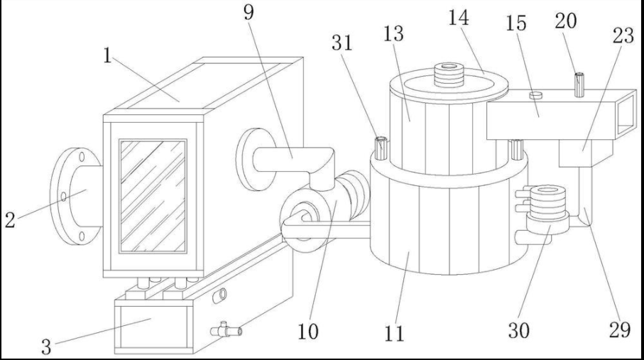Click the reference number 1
[107, 56]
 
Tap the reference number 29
[620, 330]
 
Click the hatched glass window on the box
[152, 195]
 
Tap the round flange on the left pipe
[74, 195]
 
